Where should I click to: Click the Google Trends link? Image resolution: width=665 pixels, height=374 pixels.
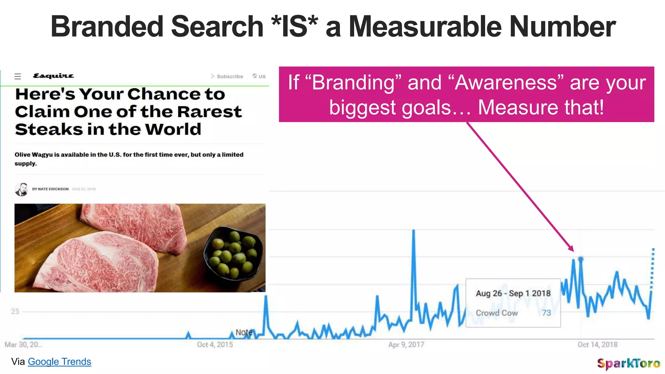tap(59, 362)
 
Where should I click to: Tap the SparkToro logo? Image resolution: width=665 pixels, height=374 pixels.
tap(628, 363)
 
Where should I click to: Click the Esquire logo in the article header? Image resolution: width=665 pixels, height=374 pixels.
tap(54, 76)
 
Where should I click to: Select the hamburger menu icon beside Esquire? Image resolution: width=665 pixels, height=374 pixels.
tap(18, 76)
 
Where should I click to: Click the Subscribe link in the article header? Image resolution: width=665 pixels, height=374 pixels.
tap(230, 77)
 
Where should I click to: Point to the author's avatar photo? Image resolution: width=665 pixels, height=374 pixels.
tap(21, 189)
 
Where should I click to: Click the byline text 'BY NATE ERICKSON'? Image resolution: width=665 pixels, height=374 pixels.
tap(50, 189)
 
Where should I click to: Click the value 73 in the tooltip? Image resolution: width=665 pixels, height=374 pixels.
tap(546, 313)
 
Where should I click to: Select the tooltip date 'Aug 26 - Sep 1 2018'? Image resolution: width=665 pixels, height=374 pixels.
tap(513, 293)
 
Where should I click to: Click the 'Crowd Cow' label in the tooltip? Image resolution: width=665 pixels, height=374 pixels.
tap(496, 313)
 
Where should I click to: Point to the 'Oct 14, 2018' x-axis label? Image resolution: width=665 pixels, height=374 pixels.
tap(597, 345)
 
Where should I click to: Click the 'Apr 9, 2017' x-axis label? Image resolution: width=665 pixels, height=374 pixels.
tap(406, 345)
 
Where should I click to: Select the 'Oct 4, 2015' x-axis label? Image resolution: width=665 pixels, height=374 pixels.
tap(215, 345)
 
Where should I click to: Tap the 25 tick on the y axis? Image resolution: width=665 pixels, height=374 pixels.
tap(15, 312)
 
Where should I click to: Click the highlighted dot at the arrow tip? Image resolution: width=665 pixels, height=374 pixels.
tap(581, 259)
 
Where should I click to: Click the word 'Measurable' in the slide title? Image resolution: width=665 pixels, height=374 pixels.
tap(425, 27)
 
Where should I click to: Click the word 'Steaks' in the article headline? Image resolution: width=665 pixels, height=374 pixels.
tap(49, 130)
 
